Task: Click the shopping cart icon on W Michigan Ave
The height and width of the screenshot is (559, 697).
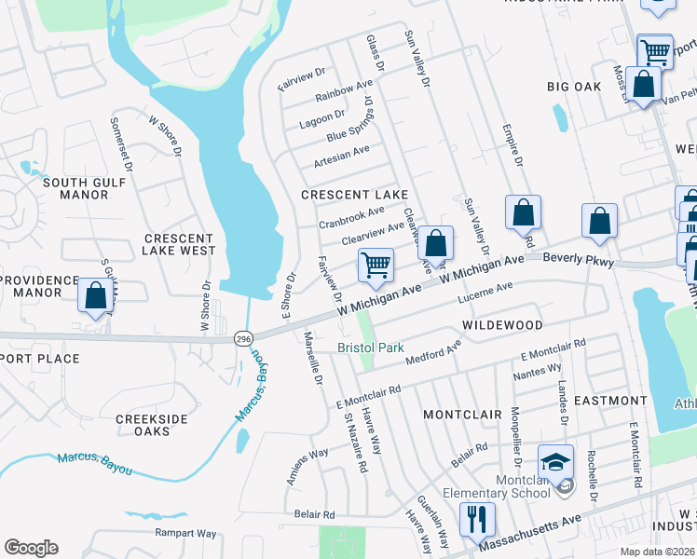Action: [x=376, y=265]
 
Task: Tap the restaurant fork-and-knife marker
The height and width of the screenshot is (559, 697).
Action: [x=477, y=520]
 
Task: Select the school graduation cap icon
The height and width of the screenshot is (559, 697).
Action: [x=554, y=461]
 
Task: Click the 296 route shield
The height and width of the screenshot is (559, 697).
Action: [x=243, y=337]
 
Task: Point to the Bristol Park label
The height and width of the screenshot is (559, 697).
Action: [x=371, y=348]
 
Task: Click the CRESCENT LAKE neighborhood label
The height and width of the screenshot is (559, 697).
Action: [x=354, y=194]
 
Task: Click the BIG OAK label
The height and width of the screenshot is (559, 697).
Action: [x=574, y=87]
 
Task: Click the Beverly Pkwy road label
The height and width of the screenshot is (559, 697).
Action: [x=579, y=259]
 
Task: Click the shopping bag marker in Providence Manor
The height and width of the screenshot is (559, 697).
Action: [x=95, y=296]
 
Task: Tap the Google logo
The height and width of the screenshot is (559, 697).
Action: [x=31, y=548]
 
